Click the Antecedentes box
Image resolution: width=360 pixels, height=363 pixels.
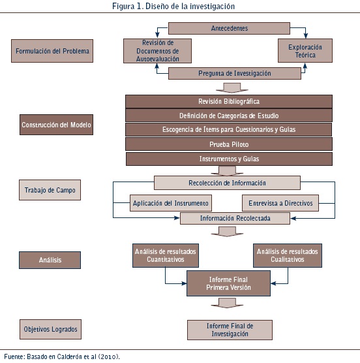click(x=229, y=28)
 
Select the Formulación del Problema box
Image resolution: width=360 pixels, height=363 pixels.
click(x=52, y=51)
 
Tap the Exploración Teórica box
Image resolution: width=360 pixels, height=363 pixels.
click(x=305, y=51)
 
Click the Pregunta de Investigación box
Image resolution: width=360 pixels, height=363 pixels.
click(x=234, y=73)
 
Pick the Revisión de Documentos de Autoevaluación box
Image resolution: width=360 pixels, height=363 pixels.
click(x=157, y=51)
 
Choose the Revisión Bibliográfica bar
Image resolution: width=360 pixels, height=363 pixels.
click(x=229, y=101)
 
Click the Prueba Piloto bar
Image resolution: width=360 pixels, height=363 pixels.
click(x=229, y=144)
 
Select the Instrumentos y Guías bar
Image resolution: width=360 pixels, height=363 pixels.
click(x=229, y=159)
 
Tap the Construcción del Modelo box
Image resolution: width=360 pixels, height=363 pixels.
click(x=57, y=125)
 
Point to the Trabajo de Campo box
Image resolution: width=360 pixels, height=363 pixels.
click(x=50, y=190)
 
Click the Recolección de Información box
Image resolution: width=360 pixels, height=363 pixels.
click(x=227, y=183)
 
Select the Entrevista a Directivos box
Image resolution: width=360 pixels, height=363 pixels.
click(x=280, y=203)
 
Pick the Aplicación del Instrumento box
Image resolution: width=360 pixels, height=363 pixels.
click(x=171, y=203)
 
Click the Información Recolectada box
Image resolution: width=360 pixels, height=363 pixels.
click(x=235, y=218)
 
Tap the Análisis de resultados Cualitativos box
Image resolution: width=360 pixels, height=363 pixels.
click(x=288, y=255)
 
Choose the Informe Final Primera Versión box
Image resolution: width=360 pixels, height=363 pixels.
click(x=228, y=283)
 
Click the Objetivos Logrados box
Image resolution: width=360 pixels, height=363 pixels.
click(x=50, y=329)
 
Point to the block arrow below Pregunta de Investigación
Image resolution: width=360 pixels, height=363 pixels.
click(x=232, y=88)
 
